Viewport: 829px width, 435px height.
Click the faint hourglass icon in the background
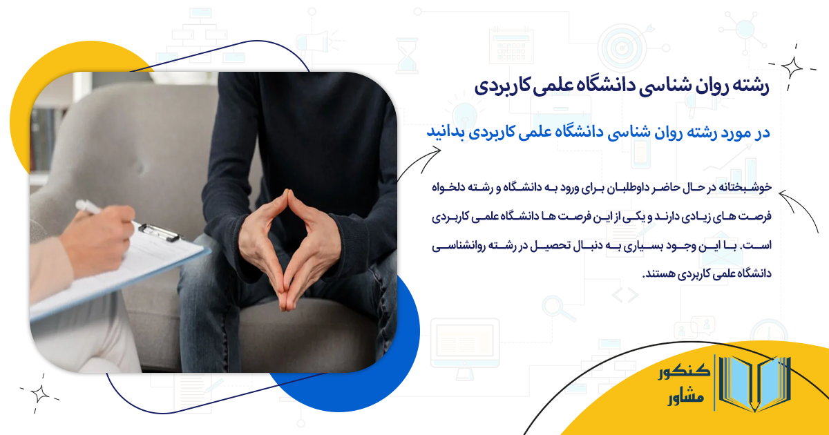point(407,55)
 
